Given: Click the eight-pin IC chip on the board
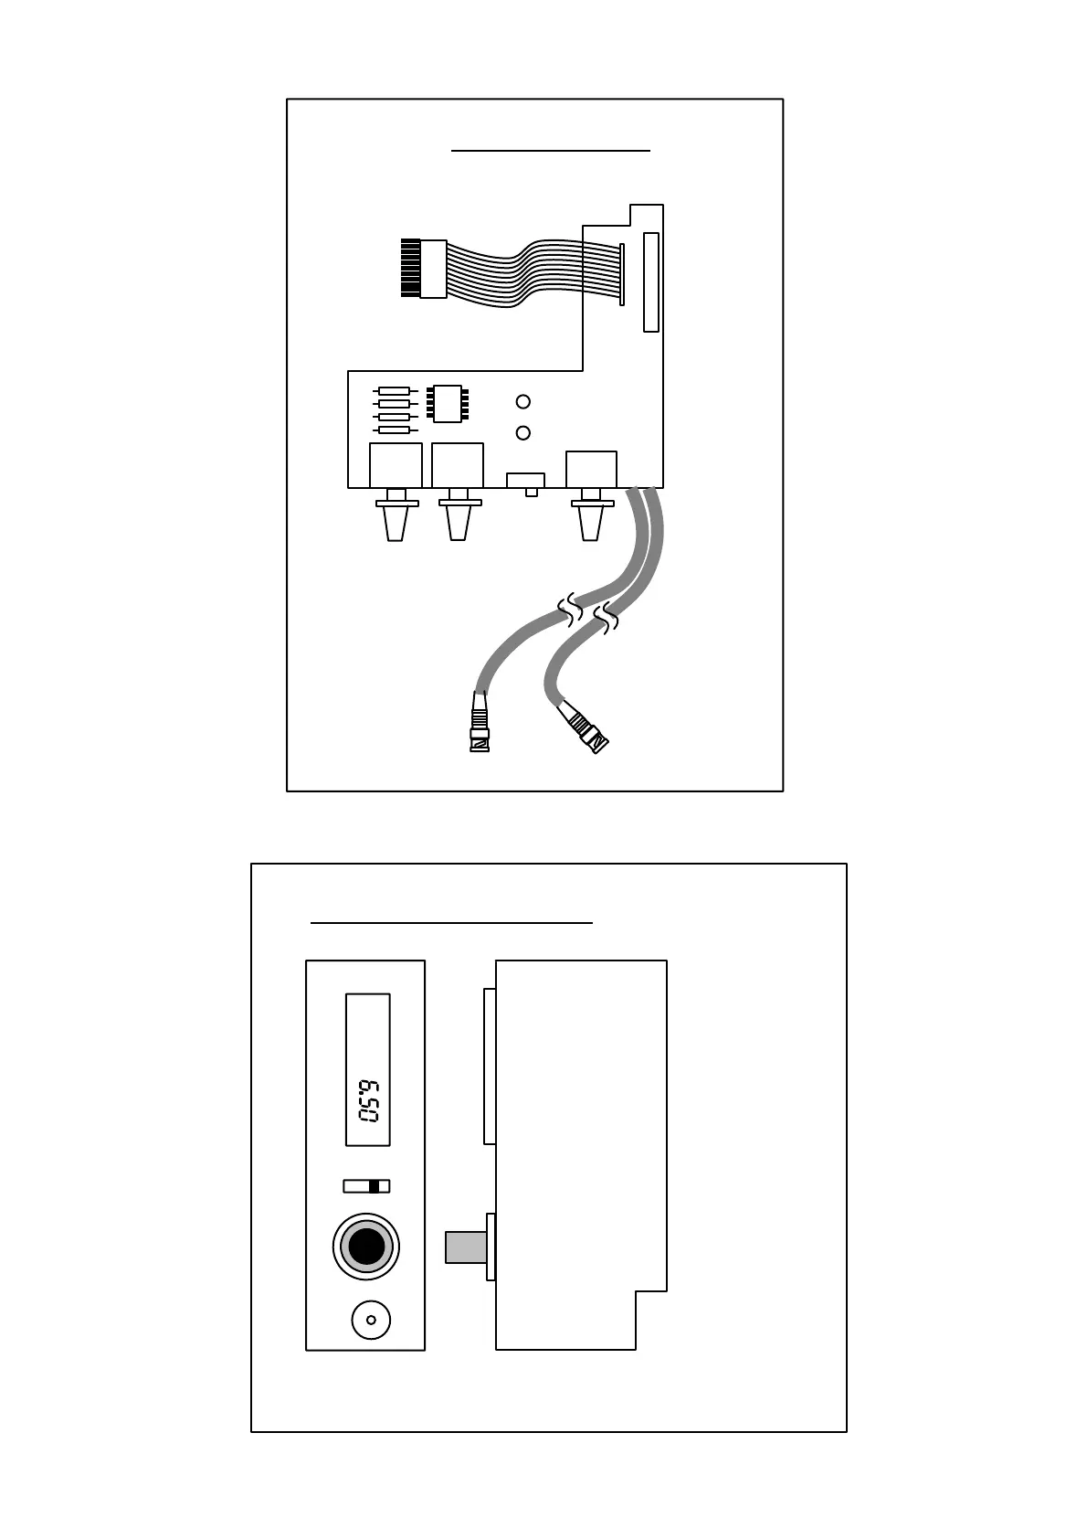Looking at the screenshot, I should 448,403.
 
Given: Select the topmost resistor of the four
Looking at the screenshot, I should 394,391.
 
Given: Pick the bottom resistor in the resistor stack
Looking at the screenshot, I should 394,430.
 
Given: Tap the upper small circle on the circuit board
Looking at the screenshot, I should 523,401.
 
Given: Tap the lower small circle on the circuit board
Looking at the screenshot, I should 523,433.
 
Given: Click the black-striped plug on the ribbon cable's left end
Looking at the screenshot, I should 410,268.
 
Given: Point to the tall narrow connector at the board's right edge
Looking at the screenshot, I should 651,281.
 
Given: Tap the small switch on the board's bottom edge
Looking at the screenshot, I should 526,482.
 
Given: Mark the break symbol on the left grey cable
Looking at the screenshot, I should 571,610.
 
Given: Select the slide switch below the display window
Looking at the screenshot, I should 367,1186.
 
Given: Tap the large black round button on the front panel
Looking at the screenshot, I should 366,1247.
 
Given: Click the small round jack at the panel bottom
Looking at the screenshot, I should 371,1320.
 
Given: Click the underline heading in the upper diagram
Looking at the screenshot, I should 551,149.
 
